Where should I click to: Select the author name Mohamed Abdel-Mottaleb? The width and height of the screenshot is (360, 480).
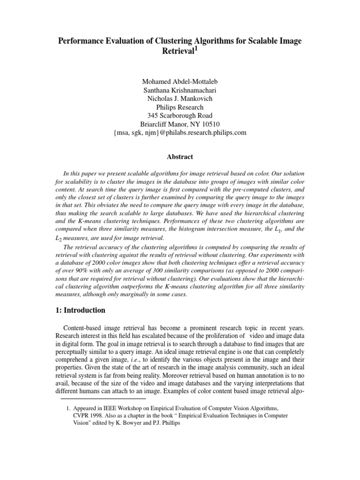pos(180,82)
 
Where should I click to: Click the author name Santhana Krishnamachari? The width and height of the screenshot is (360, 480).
pos(180,90)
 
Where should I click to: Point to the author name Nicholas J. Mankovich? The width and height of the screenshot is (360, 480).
pos(180,99)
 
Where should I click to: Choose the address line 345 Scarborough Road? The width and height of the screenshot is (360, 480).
pos(180,116)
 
